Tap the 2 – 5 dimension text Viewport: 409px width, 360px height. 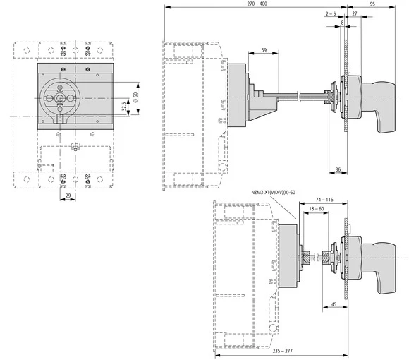331,13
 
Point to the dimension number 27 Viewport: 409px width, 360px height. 354,13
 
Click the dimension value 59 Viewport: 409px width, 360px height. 263,50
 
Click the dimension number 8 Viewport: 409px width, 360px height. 342,23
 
